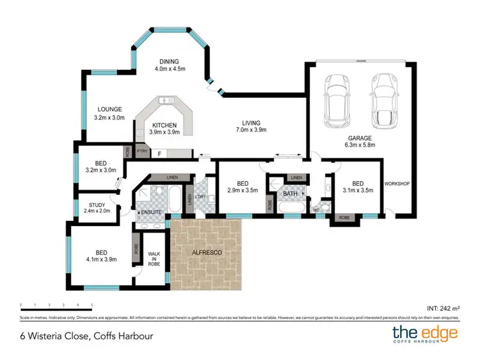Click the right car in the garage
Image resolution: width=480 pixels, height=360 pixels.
click(383, 101)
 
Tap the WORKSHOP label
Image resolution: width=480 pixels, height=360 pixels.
click(396, 183)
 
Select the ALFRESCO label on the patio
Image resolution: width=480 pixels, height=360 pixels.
click(207, 253)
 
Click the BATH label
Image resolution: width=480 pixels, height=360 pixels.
click(291, 193)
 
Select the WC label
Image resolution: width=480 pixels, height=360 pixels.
click(316, 209)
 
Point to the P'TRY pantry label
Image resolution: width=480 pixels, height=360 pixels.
click(142, 151)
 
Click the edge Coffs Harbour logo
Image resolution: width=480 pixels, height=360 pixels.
click(425, 334)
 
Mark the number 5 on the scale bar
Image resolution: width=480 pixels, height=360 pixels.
click(92, 305)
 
